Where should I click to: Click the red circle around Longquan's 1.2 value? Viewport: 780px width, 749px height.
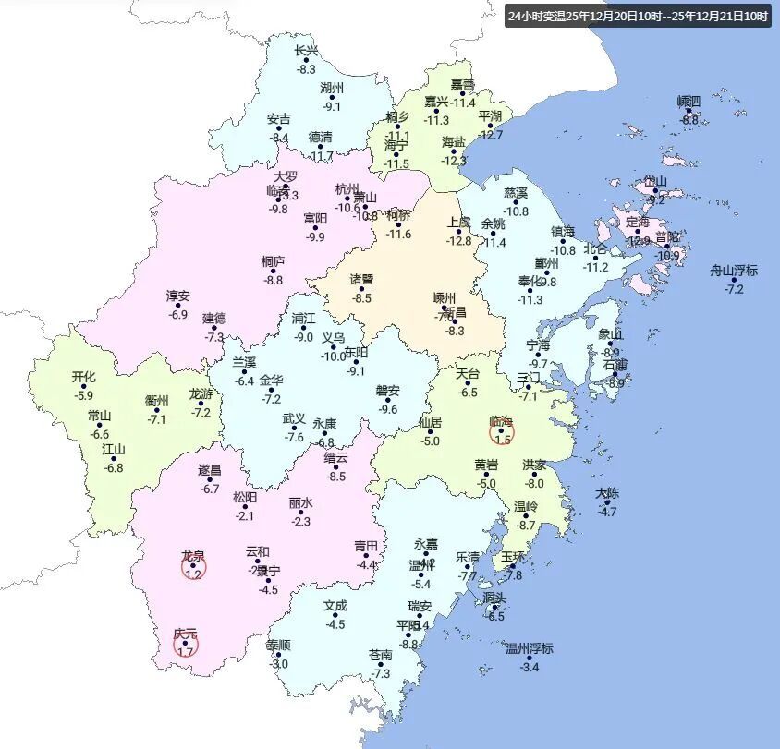coord(193,566)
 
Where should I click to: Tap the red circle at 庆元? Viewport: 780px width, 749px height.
coord(186,645)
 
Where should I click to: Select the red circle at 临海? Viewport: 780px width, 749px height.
coord(501,429)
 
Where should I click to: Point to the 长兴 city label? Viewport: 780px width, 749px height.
coord(306,52)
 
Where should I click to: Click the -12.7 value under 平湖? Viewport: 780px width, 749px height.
coord(492,135)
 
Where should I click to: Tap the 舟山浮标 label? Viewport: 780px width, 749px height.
coord(734,271)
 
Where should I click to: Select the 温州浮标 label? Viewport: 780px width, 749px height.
coord(530,648)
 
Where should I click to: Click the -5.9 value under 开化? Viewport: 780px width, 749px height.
coord(84,395)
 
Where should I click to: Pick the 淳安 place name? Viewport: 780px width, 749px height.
coord(178,296)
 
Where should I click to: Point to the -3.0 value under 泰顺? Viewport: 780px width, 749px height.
coord(278,664)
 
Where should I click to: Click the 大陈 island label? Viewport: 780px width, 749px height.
coord(607,493)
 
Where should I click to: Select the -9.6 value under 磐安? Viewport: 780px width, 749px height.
coord(388,410)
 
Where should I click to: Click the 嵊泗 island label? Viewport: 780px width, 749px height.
coord(689,101)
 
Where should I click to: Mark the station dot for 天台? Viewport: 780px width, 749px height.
coord(469,383)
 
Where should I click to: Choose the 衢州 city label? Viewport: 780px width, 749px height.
coord(157,401)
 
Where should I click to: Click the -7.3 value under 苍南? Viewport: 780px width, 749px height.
coord(381,674)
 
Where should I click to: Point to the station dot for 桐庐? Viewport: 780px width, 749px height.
coord(273,272)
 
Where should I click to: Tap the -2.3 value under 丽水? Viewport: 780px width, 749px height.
coord(300,522)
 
